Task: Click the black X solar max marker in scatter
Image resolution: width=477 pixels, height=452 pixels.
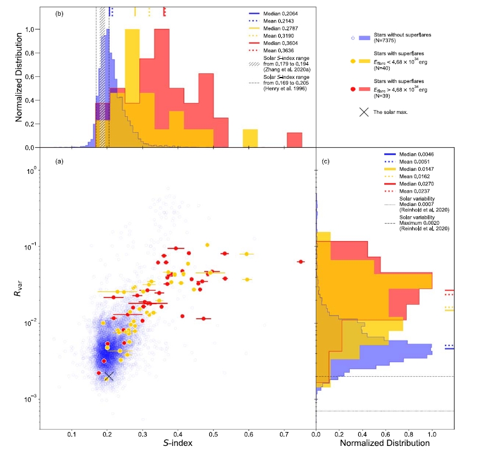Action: coord(109,376)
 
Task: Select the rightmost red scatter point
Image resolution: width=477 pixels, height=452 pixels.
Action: coord(301,261)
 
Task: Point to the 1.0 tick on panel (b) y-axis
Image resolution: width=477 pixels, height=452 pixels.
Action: coord(35,29)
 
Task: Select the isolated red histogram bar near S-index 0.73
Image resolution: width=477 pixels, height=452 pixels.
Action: coord(295,140)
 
